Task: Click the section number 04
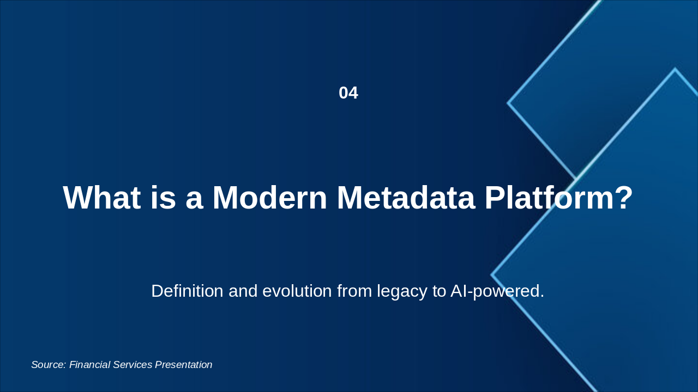[348, 93]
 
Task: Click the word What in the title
[102, 198]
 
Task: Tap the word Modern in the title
[270, 198]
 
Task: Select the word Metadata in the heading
[406, 198]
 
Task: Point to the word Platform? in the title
[559, 198]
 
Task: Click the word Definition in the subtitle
[187, 291]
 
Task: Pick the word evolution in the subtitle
[297, 291]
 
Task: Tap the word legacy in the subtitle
[402, 292]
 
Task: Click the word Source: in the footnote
[49, 365]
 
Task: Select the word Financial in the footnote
[89, 365]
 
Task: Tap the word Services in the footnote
[133, 365]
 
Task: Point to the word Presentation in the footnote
[184, 365]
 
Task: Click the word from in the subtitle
[354, 291]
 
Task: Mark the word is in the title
[163, 198]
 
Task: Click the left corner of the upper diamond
[508, 103]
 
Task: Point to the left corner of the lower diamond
[492, 275]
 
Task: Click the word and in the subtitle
[243, 291]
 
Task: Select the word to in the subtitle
[439, 291]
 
